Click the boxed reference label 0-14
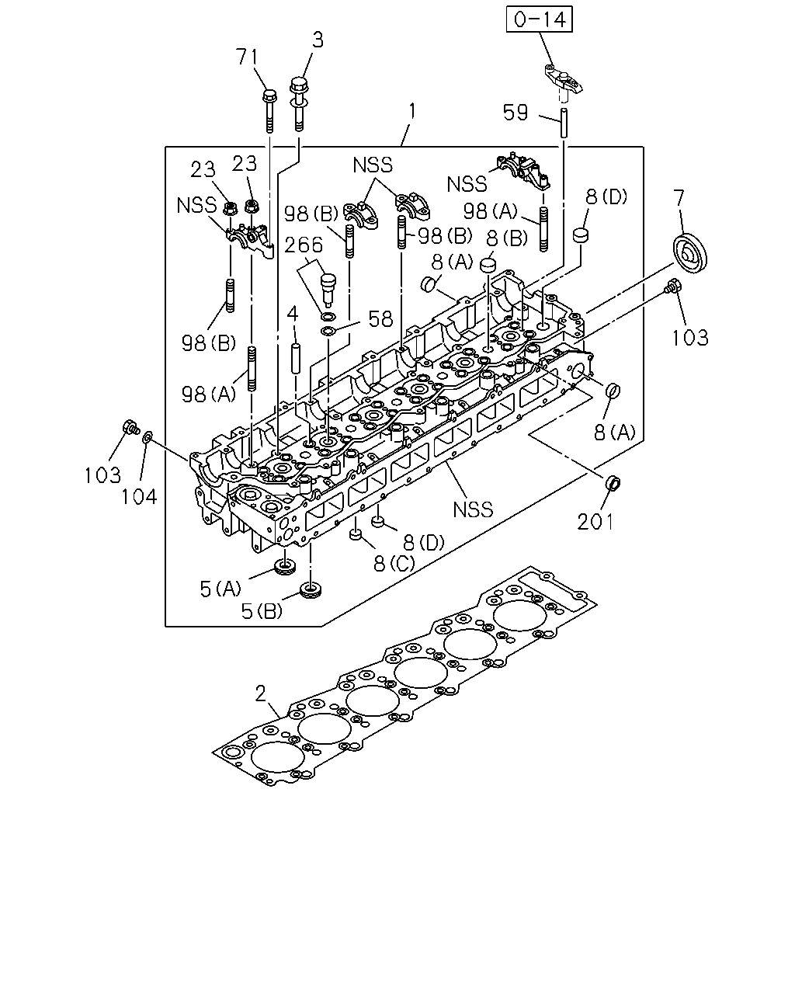coord(539,19)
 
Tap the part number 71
coord(247,57)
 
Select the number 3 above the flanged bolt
coord(318,40)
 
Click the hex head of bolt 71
coord(269,96)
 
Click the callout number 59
coord(515,113)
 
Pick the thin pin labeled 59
coord(564,123)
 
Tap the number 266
coord(304,245)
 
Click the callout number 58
coord(380,318)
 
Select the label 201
coord(595,522)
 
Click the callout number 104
coord(139,496)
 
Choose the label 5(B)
coord(262,612)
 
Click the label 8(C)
coord(394,563)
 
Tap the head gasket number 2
coord(261,693)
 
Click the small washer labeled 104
coord(148,436)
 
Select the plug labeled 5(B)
coord(311,590)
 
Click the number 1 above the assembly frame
coord(412,112)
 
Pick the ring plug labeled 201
coord(613,482)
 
